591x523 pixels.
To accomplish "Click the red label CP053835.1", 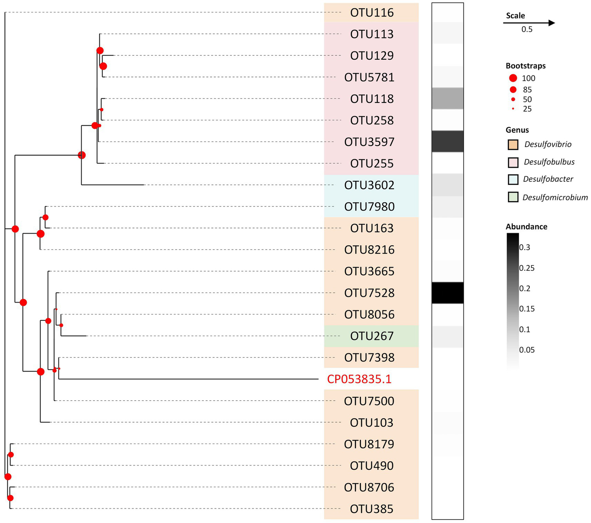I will coord(359,379).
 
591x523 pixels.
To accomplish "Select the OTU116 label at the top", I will coord(372,13).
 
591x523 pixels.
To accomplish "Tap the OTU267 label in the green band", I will coord(372,336).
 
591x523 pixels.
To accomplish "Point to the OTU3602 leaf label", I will coord(369,185).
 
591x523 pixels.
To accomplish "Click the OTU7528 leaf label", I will coord(369,293).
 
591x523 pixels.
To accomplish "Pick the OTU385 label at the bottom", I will coord(372,509).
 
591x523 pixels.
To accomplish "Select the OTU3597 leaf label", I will coord(369,142).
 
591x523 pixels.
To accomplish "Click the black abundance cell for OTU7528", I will coord(447,293).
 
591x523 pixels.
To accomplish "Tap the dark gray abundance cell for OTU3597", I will coord(447,141).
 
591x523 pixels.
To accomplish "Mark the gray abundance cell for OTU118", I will coord(447,98).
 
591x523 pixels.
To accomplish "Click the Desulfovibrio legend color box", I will coord(513,144).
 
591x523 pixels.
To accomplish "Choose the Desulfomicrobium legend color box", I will coord(513,197).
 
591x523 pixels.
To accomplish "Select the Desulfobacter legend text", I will coord(548,179).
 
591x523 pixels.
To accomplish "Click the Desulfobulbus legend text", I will coord(549,162).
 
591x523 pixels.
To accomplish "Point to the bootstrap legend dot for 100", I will coord(513,78).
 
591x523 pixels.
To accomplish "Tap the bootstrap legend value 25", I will coord(527,109).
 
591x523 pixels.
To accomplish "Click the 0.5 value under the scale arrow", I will coord(527,30).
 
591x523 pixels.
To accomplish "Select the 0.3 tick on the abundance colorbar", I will coord(524,247).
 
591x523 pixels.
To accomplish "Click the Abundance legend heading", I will coord(526,226).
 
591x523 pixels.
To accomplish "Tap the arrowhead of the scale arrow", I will coord(551,23).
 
